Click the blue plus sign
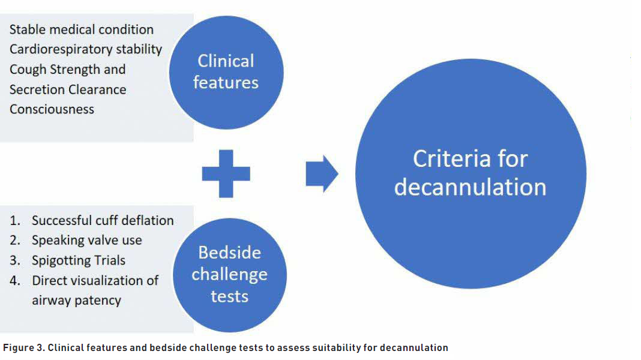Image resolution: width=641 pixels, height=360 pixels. [226, 174]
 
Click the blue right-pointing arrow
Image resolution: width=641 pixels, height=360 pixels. [322, 174]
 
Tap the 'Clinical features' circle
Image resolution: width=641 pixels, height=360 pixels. [226, 71]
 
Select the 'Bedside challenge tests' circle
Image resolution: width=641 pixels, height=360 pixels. [229, 275]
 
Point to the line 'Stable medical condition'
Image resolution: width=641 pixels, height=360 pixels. [82, 29]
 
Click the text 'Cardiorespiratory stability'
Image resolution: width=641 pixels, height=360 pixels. [86, 49]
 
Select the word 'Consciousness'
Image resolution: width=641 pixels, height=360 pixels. [52, 109]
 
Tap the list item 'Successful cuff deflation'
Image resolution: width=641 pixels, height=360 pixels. [103, 220]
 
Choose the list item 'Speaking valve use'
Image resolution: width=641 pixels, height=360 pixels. [87, 240]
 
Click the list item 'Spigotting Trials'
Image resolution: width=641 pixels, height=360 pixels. [79, 260]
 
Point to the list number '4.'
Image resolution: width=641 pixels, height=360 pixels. [15, 280]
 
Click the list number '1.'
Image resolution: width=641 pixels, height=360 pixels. [15, 220]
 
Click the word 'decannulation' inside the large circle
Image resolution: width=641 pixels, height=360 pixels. [471, 187]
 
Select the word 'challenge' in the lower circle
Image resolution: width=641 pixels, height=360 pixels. [229, 275]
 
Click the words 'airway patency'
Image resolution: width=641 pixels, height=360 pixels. [76, 300]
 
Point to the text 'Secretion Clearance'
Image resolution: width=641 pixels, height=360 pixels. [68, 89]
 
